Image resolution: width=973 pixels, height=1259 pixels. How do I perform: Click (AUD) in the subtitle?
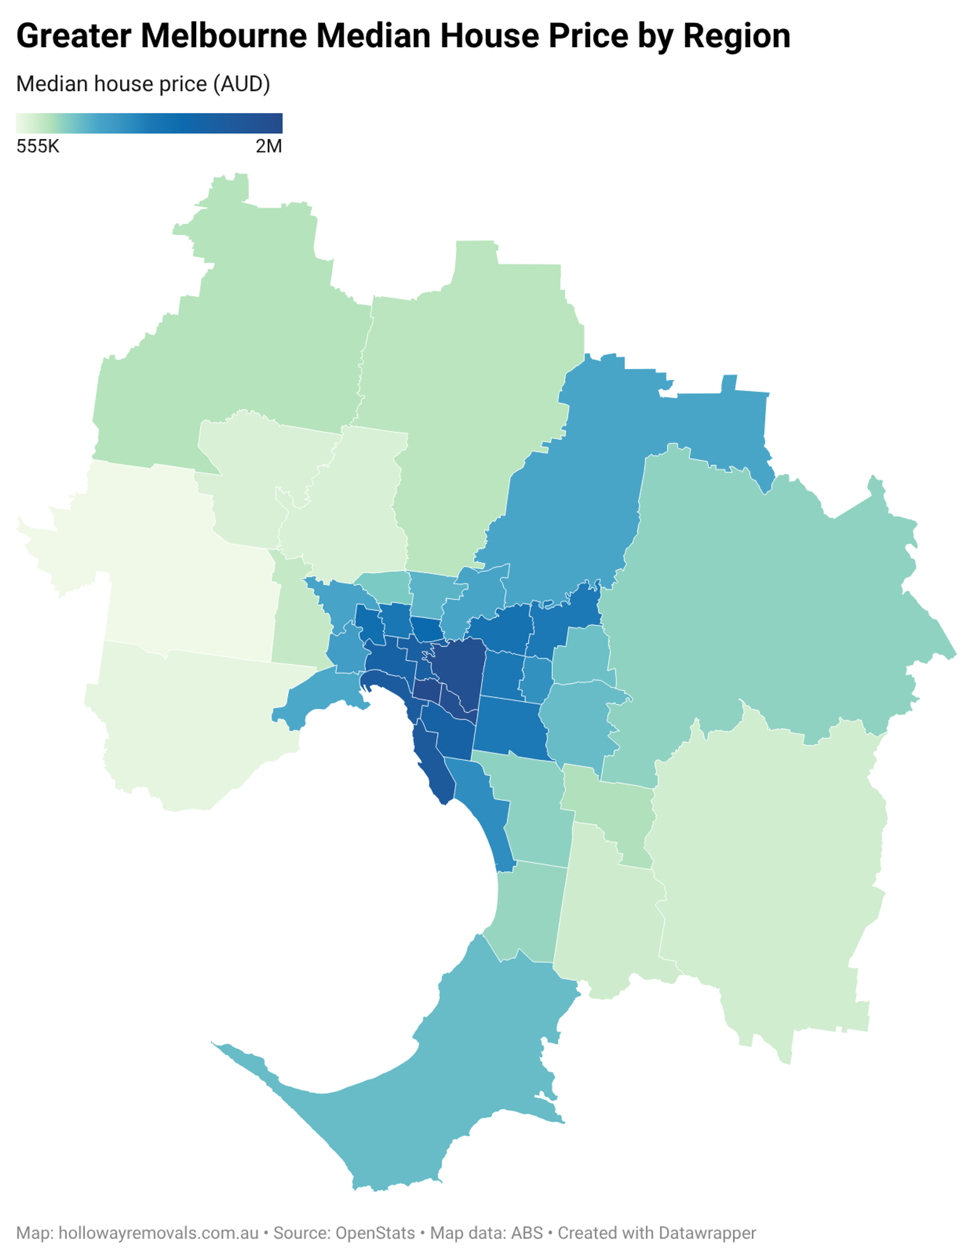pyautogui.click(x=241, y=84)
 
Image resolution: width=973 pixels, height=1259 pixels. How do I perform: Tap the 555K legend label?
pyautogui.click(x=38, y=147)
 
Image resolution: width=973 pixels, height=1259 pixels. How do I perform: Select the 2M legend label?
pyautogui.click(x=269, y=147)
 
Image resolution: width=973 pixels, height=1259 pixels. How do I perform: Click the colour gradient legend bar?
pyautogui.click(x=149, y=123)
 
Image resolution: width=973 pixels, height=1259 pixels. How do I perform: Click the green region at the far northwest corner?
pyautogui.click(x=242, y=323)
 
